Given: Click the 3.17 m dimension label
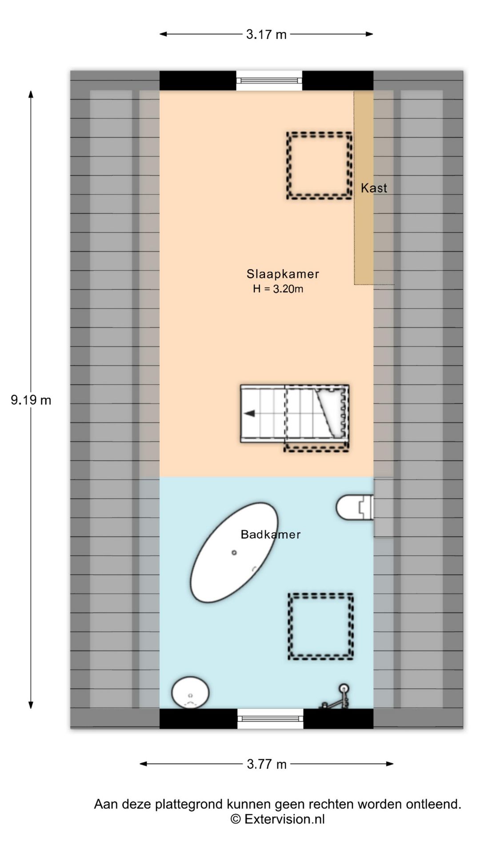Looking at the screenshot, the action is (x=266, y=34).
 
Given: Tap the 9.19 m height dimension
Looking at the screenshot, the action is (x=31, y=400).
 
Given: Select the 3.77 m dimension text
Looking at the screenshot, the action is (x=267, y=764).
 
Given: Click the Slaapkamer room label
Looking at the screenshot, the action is (x=283, y=274).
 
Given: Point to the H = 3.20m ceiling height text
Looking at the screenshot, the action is (x=278, y=289).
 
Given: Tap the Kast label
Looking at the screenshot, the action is (x=374, y=188).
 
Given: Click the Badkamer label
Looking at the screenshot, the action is (x=271, y=534).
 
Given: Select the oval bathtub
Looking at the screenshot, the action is (x=234, y=553).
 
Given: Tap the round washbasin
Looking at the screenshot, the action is (x=191, y=692).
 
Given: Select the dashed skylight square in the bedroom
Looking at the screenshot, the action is (x=319, y=165).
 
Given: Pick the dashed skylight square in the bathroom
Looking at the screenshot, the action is (x=321, y=626).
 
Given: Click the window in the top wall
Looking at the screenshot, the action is (x=269, y=80).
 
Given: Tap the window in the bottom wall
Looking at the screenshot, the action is (x=270, y=718).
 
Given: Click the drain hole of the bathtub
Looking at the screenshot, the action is (x=234, y=553).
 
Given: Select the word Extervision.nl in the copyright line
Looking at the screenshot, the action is (x=284, y=819).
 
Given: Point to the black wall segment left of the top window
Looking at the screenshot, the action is (x=198, y=80).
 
